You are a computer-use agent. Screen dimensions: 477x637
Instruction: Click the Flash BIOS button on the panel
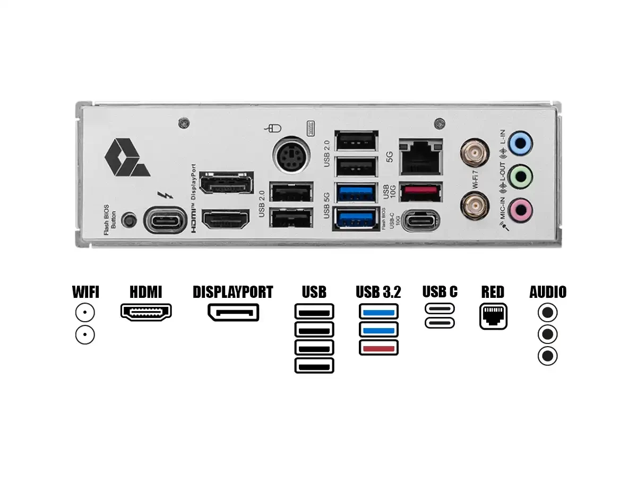point(128,219)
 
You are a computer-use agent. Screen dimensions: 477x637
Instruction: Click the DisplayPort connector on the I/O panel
point(226,183)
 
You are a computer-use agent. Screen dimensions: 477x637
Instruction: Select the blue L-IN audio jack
point(520,143)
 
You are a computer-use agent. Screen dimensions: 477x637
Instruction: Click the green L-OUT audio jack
point(520,176)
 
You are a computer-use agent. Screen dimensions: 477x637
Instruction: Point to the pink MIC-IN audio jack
point(520,211)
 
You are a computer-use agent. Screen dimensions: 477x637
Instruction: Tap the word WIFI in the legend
point(85,292)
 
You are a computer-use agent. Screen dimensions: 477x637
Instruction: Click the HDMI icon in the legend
point(146,312)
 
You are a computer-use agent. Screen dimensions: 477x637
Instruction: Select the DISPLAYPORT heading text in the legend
point(233,292)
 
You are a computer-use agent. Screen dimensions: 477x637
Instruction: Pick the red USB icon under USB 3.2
point(378,348)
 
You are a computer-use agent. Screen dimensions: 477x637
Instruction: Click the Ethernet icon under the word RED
point(493,316)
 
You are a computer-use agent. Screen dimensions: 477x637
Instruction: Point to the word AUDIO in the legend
point(548,292)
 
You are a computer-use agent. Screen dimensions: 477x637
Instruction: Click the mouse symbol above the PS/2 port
point(274,128)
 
